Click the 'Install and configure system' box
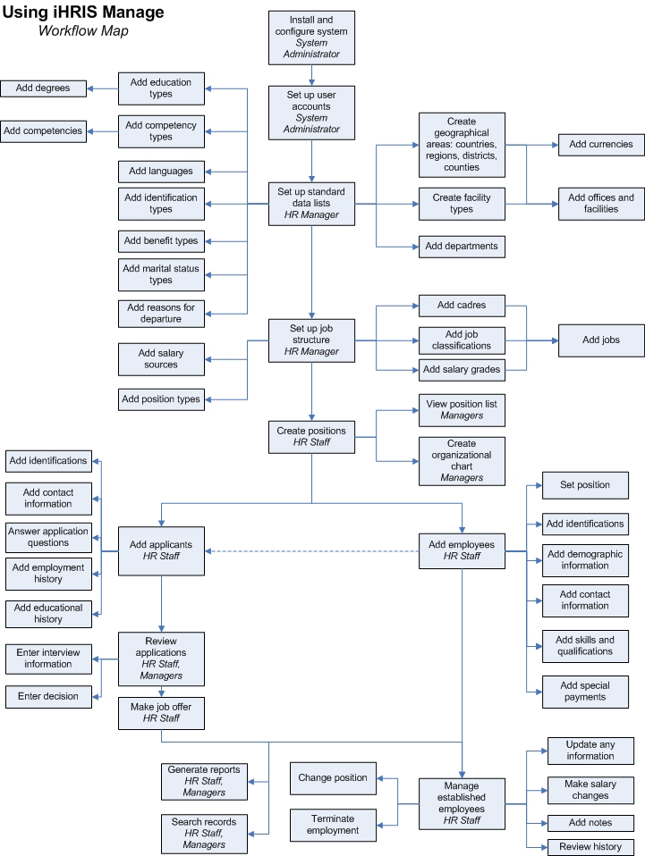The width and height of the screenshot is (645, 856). pyautogui.click(x=311, y=38)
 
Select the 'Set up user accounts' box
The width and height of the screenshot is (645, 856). pyautogui.click(x=311, y=112)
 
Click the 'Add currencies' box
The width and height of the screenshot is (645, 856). pyautogui.click(x=601, y=144)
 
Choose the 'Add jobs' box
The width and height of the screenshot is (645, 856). pyautogui.click(x=601, y=340)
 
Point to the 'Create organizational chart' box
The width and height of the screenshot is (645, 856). pyautogui.click(x=462, y=460)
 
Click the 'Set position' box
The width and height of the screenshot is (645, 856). pyautogui.click(x=585, y=485)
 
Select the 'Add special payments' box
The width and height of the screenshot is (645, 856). pyautogui.click(x=585, y=692)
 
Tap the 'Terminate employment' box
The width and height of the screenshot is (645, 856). pyautogui.click(x=333, y=825)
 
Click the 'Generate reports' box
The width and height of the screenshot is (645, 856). pyautogui.click(x=204, y=781)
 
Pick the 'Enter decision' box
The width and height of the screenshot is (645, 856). pyautogui.click(x=48, y=696)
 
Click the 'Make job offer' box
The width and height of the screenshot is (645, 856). pyautogui.click(x=162, y=712)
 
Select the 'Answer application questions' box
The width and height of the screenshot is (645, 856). pyautogui.click(x=48, y=537)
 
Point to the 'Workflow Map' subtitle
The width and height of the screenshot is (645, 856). pyautogui.click(x=83, y=31)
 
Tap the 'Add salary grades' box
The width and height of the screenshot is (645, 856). pyautogui.click(x=462, y=370)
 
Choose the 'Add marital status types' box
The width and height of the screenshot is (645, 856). pyautogui.click(x=161, y=274)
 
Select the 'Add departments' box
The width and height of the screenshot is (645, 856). pyautogui.click(x=462, y=247)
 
